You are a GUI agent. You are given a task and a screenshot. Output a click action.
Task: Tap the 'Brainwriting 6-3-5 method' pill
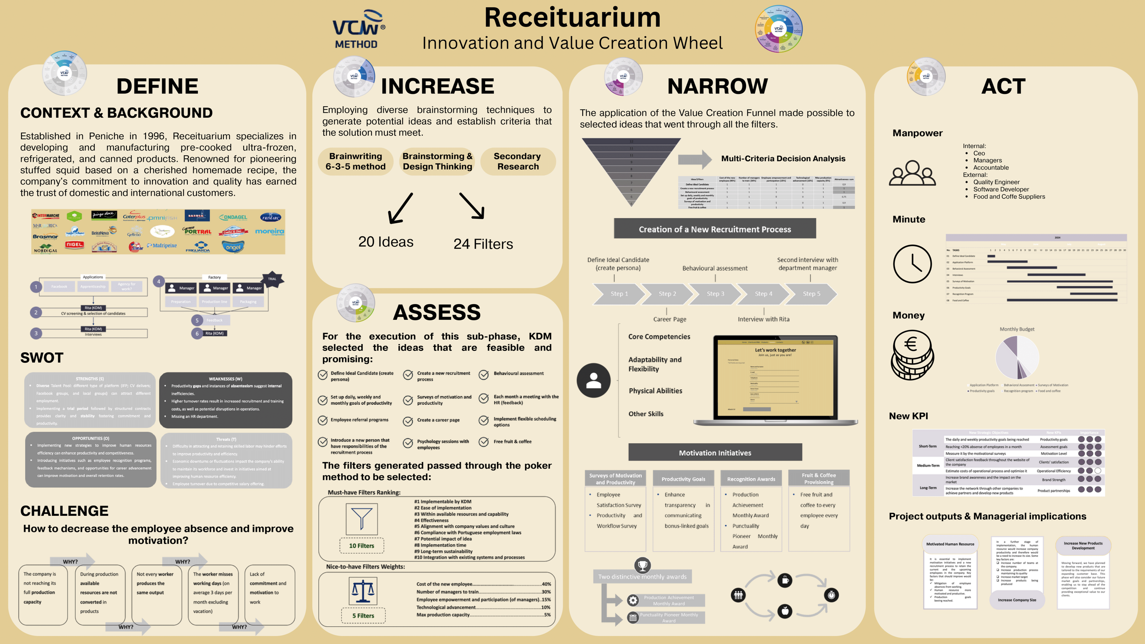pos(355,162)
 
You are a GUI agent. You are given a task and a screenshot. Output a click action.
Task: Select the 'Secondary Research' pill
pos(518,162)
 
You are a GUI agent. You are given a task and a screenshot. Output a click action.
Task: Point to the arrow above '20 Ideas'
pos(400,208)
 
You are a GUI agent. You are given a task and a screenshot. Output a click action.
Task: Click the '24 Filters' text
pos(483,244)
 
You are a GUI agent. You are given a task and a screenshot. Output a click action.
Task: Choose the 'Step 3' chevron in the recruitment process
pos(715,294)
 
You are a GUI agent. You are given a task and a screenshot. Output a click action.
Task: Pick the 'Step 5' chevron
pos(811,294)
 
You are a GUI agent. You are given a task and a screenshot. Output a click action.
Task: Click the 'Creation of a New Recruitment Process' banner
pos(714,229)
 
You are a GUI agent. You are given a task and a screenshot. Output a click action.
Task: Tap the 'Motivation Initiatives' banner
pos(714,453)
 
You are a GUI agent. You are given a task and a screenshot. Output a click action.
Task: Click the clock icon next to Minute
pos(912,264)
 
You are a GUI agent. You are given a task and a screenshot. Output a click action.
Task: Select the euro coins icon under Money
pos(911,355)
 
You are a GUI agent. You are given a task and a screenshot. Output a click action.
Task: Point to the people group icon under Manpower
pos(912,173)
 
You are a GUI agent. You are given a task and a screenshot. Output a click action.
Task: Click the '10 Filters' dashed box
pos(361,546)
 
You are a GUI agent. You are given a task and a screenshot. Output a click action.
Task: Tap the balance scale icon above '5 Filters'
pos(362,591)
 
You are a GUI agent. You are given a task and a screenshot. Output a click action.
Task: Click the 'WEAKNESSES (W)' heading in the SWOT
pos(225,379)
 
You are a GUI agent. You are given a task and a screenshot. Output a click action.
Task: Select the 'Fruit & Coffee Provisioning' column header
pos(819,479)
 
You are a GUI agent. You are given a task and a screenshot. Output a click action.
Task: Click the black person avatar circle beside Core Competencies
pos(594,381)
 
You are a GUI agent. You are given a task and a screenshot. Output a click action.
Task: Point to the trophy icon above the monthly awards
pos(643,565)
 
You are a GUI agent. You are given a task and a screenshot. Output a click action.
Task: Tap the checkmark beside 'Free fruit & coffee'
pos(484,442)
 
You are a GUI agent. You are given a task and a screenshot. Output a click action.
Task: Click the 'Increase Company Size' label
pos(1017,600)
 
